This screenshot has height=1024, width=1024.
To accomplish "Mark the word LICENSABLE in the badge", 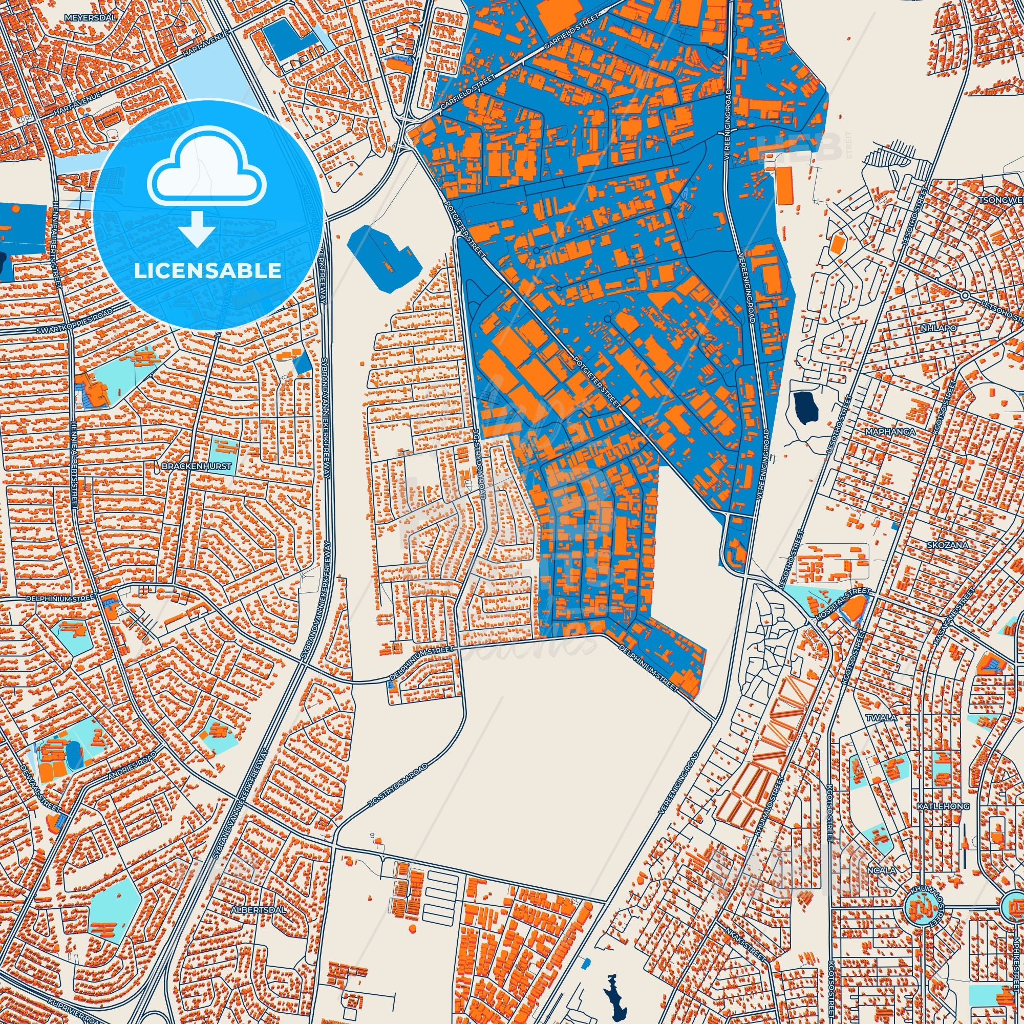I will click(208, 270).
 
